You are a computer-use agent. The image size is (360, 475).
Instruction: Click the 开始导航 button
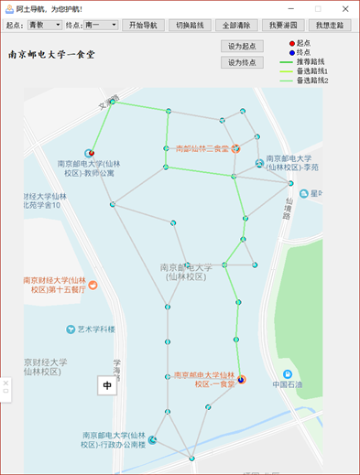[x=143, y=26]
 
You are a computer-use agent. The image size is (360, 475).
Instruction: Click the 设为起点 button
[x=242, y=46]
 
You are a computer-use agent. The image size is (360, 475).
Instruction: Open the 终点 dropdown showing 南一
[x=101, y=26]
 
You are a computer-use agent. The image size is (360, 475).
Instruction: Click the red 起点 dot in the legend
[x=291, y=43]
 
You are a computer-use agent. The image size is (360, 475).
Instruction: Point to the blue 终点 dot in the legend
[x=291, y=52]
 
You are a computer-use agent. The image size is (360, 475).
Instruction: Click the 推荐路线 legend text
[x=311, y=61]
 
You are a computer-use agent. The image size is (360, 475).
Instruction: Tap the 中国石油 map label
[x=293, y=384]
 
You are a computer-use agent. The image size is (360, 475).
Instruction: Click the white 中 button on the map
[x=107, y=385]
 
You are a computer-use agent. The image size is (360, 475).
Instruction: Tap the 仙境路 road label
[x=288, y=211]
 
